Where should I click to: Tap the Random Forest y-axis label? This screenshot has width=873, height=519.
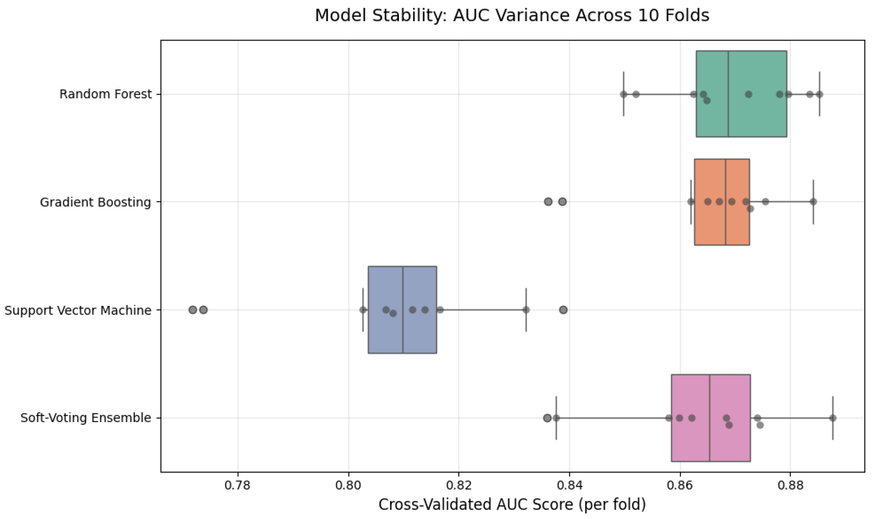pos(105,94)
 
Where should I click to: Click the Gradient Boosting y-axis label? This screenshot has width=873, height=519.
pos(96,202)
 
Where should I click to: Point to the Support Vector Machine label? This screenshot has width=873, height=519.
pos(78,310)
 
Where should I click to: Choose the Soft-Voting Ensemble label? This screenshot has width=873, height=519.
pos(86,418)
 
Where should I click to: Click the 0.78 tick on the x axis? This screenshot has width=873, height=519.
pos(238,486)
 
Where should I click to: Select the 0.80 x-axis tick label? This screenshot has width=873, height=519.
pos(349,486)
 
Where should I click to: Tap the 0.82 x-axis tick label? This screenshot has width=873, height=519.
pos(459,486)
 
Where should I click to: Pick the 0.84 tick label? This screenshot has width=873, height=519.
pos(570,486)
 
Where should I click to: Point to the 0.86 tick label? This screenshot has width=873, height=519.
pos(680,486)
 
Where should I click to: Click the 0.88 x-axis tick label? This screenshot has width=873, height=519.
pos(790,486)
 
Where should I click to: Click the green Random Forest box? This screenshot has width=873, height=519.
pos(741,94)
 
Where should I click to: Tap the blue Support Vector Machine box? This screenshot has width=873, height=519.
pos(402,310)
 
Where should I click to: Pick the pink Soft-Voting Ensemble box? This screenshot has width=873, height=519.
pos(711,418)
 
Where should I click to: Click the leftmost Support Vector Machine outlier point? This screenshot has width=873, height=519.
pos(193,310)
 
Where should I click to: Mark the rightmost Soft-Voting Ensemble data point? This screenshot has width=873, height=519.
pos(833,418)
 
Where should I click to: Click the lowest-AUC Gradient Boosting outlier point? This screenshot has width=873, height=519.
pos(548,201)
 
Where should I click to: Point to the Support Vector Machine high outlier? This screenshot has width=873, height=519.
pos(563,310)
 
